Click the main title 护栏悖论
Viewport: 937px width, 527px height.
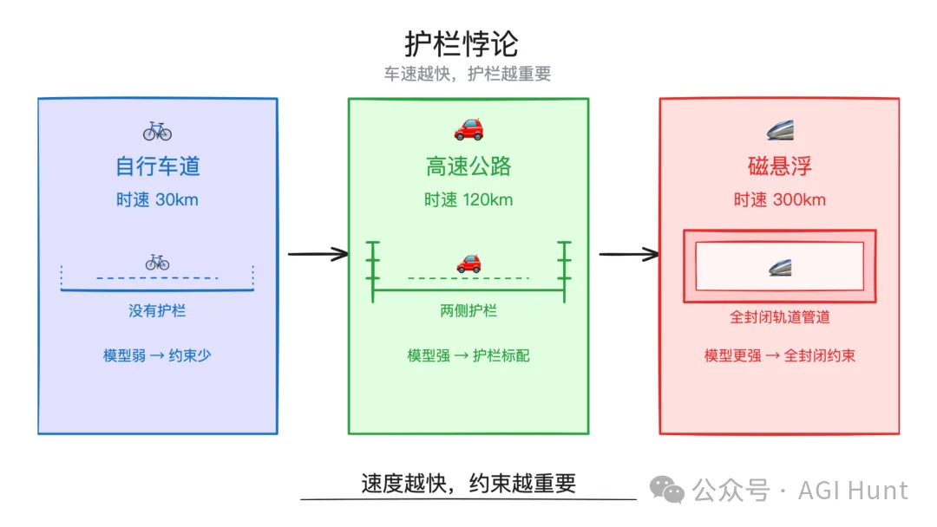point(462,43)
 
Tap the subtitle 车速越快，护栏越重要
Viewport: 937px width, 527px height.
point(468,74)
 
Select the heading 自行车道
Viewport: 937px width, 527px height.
point(158,166)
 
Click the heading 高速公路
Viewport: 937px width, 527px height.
point(468,166)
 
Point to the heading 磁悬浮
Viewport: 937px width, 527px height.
point(780,166)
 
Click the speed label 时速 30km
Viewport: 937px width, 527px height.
point(157,199)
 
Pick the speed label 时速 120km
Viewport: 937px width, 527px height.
point(468,199)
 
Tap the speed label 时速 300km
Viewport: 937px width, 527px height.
point(780,199)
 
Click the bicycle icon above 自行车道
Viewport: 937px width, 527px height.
point(157,131)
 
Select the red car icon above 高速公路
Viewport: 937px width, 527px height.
point(468,129)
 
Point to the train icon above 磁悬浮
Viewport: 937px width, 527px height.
point(781,130)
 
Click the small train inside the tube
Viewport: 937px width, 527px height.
point(780,267)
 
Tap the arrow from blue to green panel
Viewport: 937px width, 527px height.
point(318,254)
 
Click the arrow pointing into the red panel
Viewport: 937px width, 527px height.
point(629,254)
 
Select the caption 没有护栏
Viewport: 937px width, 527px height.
point(157,311)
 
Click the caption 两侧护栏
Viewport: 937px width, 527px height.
point(468,311)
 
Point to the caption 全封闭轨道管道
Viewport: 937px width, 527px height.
point(780,317)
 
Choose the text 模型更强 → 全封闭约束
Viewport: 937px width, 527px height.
point(780,355)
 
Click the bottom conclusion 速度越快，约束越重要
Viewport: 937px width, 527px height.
point(468,483)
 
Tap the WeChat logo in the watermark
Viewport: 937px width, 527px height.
point(667,490)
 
